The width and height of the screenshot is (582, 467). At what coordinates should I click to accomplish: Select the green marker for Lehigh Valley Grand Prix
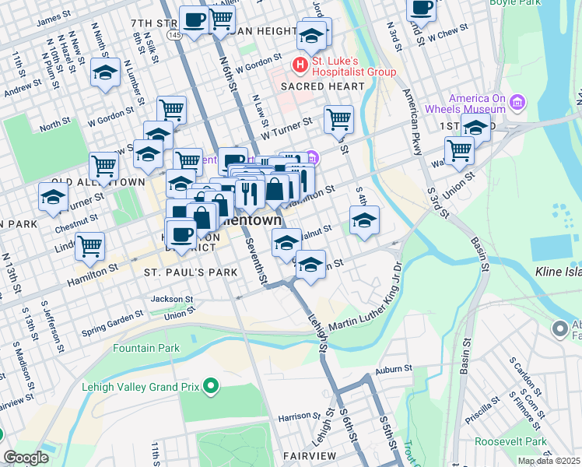point(209,385)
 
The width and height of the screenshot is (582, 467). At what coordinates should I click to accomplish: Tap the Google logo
point(26,458)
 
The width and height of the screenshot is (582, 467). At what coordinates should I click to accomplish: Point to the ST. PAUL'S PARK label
point(179,272)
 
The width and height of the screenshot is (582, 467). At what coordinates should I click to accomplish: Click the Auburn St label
point(394,367)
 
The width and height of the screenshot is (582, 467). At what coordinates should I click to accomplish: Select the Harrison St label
point(283,417)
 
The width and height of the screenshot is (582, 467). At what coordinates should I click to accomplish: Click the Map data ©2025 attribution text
point(548,461)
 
